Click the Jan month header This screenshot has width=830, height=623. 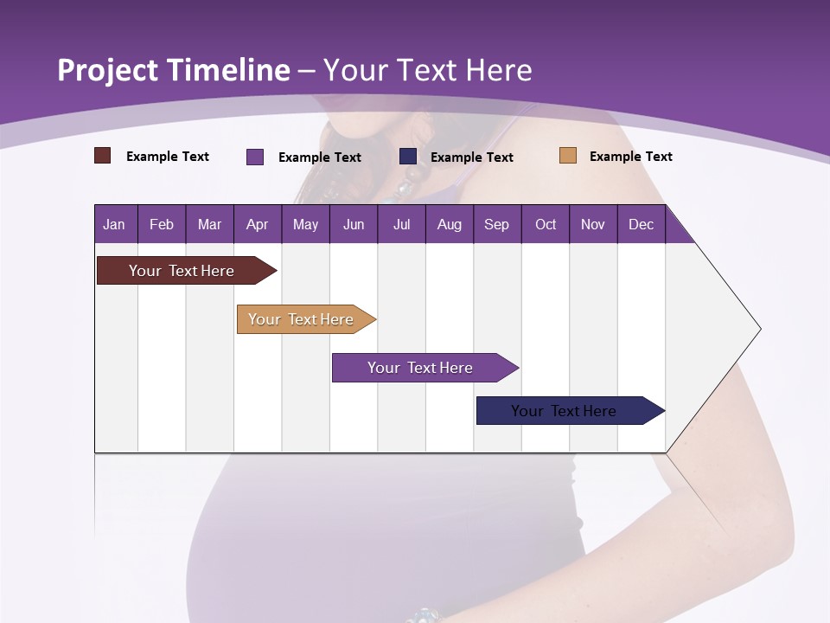114,224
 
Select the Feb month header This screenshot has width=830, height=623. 162,224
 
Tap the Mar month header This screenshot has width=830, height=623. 209,224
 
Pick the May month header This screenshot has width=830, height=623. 305,224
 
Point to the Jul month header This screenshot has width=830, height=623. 401,224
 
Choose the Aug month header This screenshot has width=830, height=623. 449,224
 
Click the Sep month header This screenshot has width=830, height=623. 496,224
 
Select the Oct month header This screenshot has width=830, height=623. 546,224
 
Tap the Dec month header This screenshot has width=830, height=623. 641,224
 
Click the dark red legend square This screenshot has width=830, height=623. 102,156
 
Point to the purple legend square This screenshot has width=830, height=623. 255,157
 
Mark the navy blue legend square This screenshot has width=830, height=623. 408,156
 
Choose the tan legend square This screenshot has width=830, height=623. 567,156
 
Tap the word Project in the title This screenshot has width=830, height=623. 108,71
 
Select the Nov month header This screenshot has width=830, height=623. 593,224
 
